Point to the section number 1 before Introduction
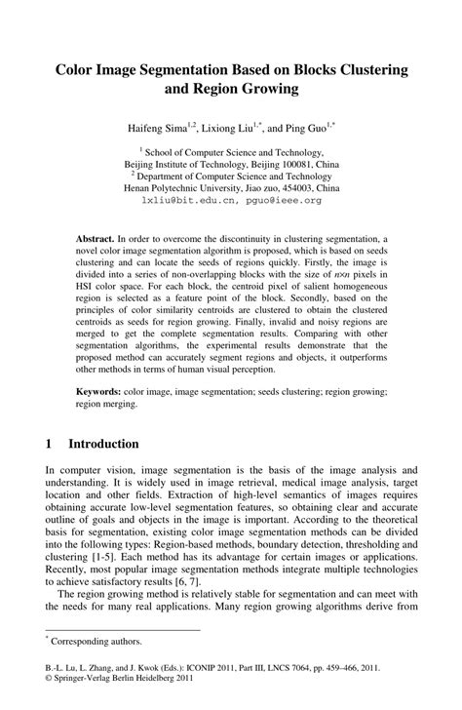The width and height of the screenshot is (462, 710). tap(49, 444)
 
